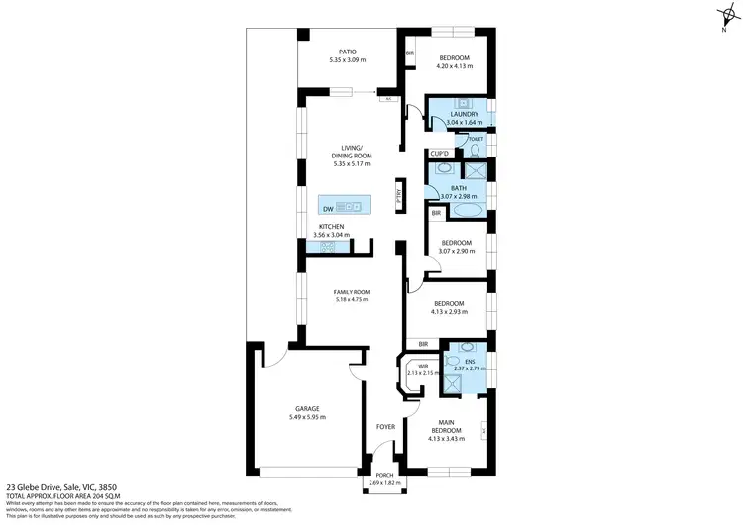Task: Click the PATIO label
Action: click(347, 52)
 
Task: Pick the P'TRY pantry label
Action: click(398, 196)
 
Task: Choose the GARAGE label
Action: click(306, 408)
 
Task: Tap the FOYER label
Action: click(385, 427)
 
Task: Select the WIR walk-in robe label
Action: click(422, 367)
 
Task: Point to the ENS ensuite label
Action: click(471, 362)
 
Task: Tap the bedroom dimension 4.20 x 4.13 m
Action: click(456, 67)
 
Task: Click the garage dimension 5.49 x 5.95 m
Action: click(306, 417)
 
